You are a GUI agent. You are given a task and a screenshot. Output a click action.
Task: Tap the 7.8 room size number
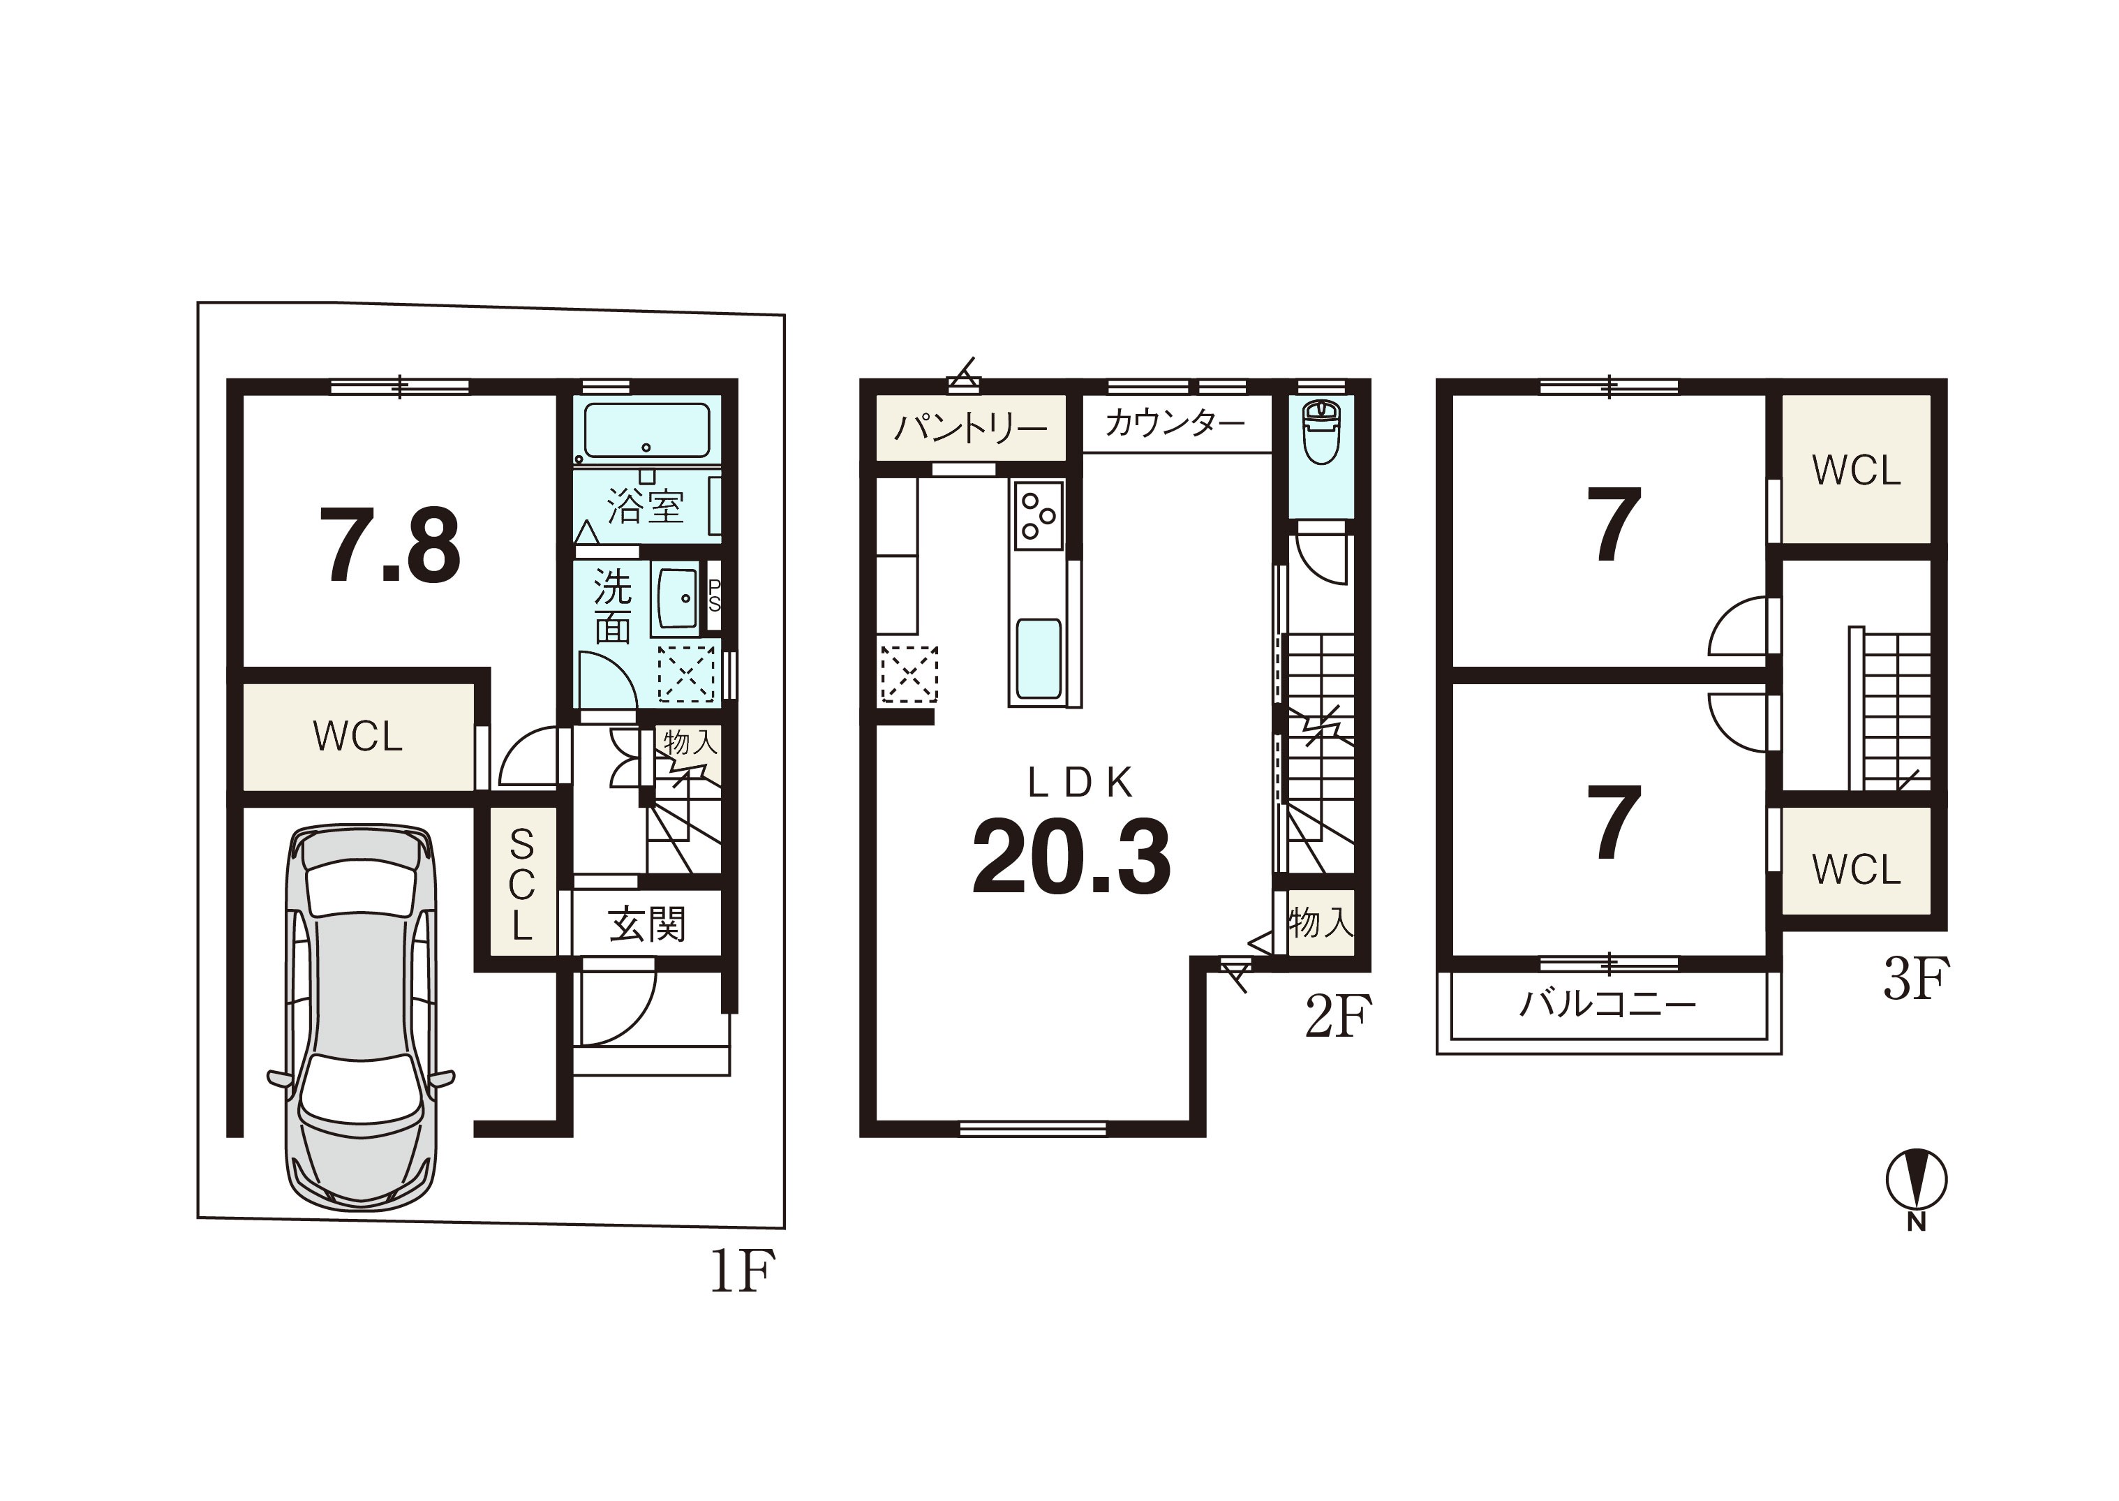point(390,546)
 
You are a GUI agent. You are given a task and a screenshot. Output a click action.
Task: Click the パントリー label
point(970,428)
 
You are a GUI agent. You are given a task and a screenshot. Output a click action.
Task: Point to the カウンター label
point(1175,423)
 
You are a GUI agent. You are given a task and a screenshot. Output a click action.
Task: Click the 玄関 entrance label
point(647,925)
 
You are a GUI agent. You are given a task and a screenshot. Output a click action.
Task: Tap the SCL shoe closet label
point(522,885)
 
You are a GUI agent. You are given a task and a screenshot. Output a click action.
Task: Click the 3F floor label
point(1917,979)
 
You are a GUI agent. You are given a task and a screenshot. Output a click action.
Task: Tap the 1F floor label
point(742,1270)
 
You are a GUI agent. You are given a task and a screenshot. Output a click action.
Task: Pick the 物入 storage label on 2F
point(1321,922)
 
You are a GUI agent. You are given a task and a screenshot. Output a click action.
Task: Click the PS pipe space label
point(713,596)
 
